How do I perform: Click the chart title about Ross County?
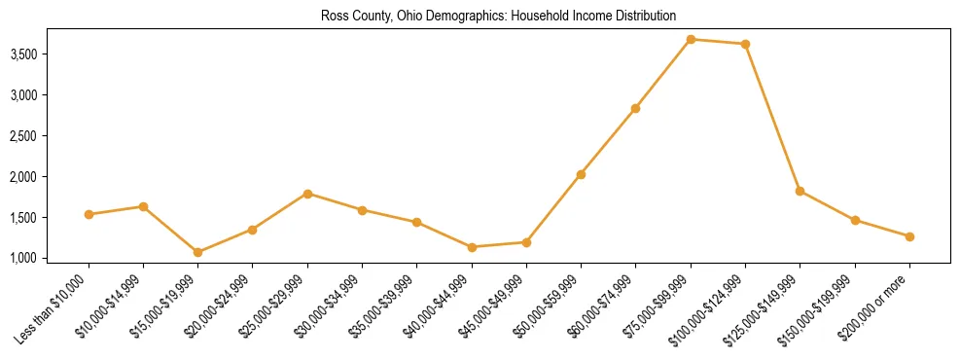pos(498,17)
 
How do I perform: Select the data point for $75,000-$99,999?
pos(691,39)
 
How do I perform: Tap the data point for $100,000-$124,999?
pos(745,44)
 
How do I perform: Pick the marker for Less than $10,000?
pos(89,214)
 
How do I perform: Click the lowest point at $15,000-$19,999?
pos(197,252)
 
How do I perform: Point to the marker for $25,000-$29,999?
pos(307,194)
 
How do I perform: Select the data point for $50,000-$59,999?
pos(581,174)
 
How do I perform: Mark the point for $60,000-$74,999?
pos(635,108)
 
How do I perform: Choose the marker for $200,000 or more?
pos(909,236)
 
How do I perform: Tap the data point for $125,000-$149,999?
pos(800,191)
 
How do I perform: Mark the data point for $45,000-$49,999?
pos(526,242)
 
